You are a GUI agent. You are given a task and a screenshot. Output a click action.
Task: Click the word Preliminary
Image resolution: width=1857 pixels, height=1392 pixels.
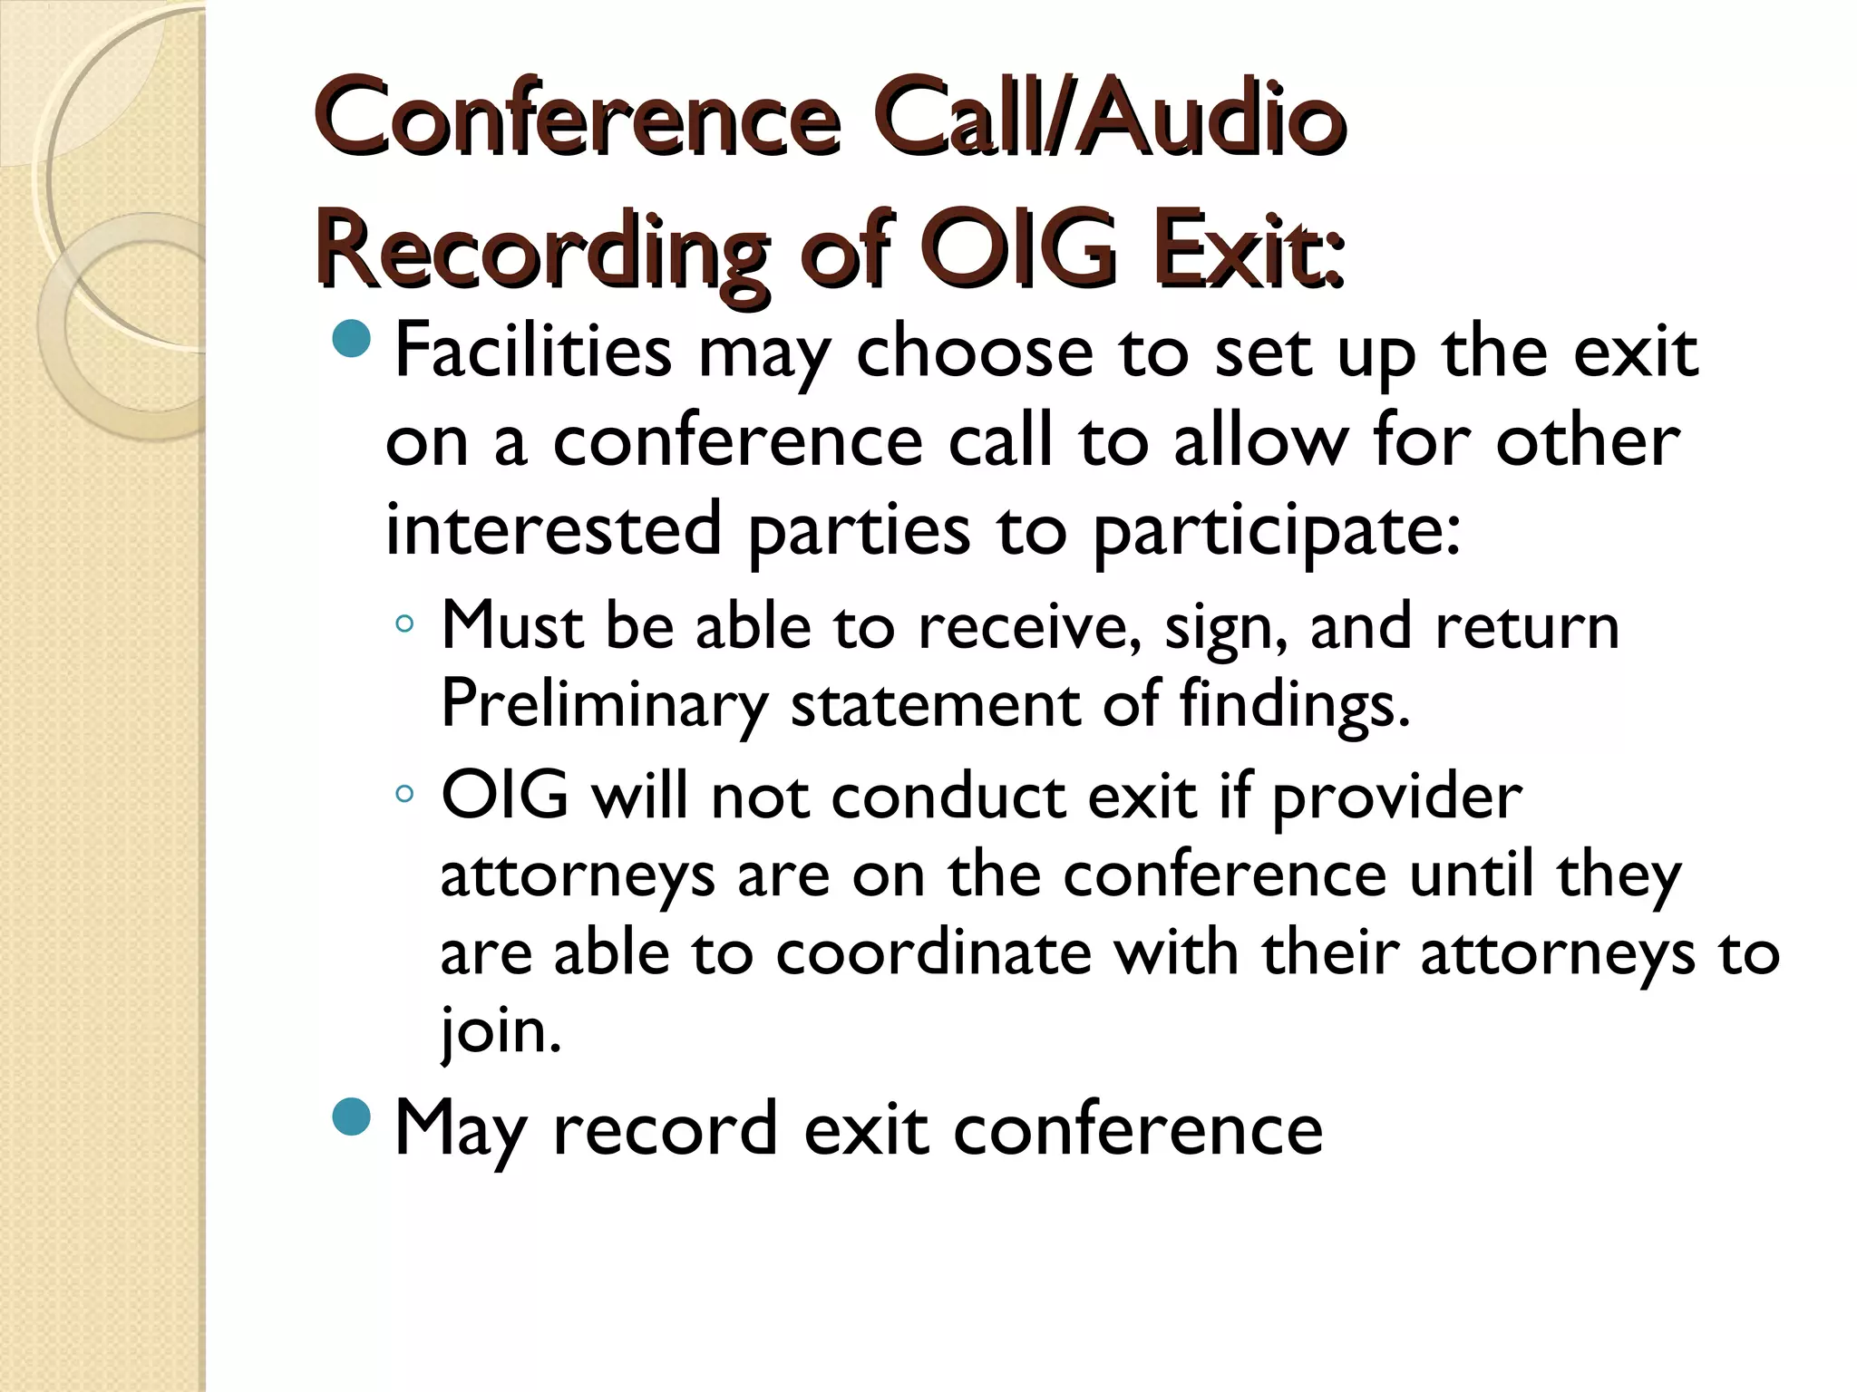(604, 704)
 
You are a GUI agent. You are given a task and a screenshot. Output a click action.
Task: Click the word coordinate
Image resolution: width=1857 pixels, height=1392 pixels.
(933, 952)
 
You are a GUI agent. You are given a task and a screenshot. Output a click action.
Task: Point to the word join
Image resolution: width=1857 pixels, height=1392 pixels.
(501, 1031)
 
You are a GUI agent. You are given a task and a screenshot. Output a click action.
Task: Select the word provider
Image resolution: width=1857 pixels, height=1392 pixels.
(1397, 797)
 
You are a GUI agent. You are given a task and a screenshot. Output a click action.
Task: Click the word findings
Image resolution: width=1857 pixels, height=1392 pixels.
(1295, 704)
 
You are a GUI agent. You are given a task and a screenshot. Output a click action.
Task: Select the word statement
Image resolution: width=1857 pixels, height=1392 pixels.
(935, 704)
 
